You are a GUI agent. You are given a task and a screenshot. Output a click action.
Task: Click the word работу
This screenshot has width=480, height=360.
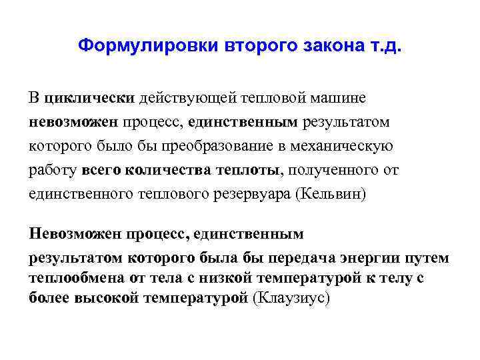tap(53, 170)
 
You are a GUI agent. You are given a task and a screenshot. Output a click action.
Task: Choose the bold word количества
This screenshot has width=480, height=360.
tap(174, 170)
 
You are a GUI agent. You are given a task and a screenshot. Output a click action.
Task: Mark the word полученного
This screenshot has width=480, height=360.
tap(331, 170)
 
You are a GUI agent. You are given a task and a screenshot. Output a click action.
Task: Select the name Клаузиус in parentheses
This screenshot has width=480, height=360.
tap(292, 297)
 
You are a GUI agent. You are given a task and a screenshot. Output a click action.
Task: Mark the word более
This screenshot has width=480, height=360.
tap(49, 297)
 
